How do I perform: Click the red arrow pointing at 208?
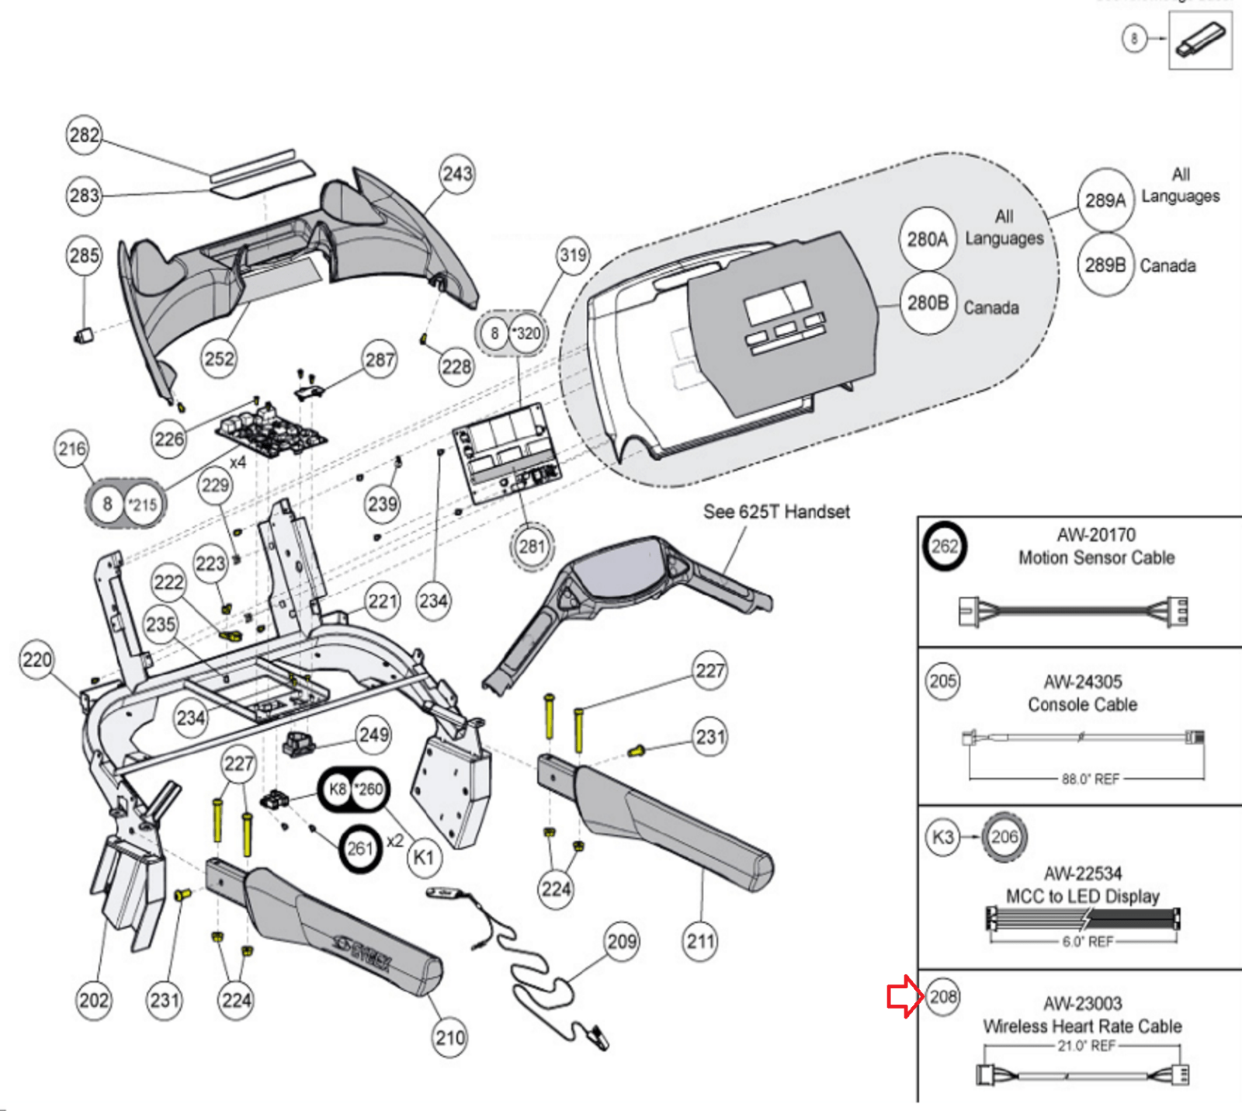click(905, 998)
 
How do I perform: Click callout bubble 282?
click(84, 135)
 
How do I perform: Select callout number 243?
click(457, 174)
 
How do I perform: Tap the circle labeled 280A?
click(928, 239)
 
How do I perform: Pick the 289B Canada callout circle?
click(1105, 266)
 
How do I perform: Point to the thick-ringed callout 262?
click(945, 546)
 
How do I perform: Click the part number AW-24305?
click(1082, 682)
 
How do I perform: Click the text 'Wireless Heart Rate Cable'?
click(1082, 1026)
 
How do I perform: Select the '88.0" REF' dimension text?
click(1090, 779)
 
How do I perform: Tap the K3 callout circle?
click(942, 837)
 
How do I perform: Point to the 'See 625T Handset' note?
click(776, 512)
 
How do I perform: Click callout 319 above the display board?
click(573, 255)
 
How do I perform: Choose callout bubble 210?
click(450, 1038)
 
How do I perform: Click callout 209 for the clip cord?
click(622, 942)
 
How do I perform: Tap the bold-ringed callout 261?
click(360, 848)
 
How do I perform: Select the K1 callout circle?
click(423, 858)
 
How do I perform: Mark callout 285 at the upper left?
click(84, 255)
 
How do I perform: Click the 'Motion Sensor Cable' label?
click(1096, 557)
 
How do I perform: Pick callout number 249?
click(374, 734)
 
